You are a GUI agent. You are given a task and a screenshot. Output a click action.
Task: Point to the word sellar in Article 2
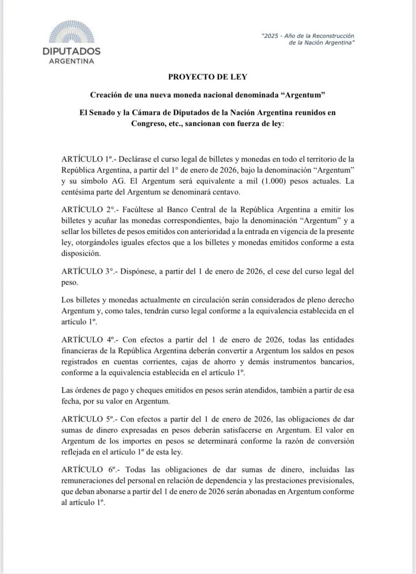(x=73, y=232)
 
